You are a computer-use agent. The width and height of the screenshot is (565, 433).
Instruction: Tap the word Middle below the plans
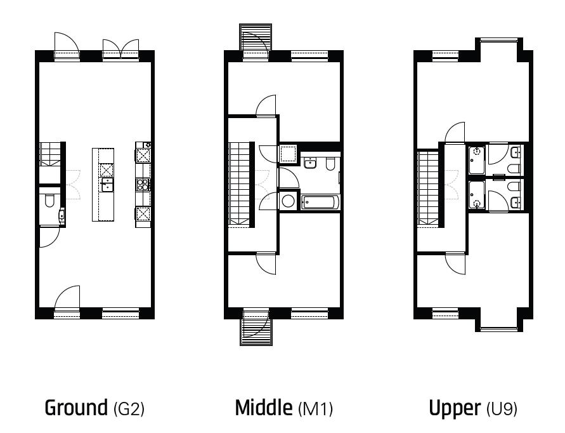[263, 408]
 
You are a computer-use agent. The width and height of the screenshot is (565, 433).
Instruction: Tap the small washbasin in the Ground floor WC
[62, 215]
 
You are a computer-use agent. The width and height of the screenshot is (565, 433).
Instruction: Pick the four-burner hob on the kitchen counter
[143, 185]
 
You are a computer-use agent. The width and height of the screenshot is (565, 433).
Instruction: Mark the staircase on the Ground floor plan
[49, 154]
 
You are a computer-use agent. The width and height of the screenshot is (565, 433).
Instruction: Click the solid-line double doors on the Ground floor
[120, 50]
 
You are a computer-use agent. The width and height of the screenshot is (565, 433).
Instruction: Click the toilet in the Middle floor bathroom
[330, 164]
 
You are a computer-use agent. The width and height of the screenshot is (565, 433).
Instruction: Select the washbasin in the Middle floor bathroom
[310, 163]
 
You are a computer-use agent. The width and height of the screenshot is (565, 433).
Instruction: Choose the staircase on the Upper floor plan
[429, 189]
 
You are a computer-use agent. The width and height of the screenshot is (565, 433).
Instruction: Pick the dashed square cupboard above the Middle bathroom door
[287, 154]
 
